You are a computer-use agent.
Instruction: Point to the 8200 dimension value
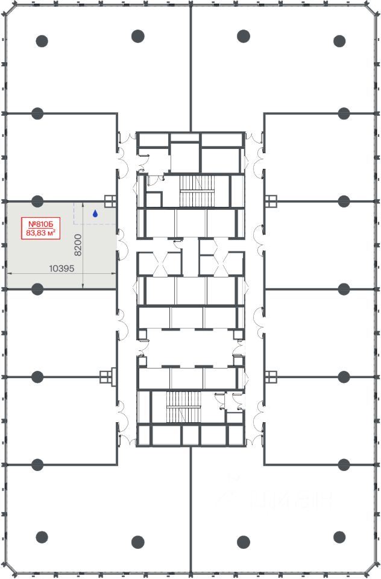(x=78, y=245)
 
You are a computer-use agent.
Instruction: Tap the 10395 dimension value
(x=61, y=268)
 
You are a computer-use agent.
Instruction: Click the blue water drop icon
(x=95, y=214)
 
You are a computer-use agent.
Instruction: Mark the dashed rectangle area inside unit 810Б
(x=95, y=213)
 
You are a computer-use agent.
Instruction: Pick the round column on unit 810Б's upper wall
(x=37, y=201)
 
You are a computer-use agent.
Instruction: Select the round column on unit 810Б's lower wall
(x=37, y=289)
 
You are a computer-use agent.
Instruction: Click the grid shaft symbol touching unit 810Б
(x=110, y=201)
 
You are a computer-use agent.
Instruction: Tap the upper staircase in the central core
(x=197, y=191)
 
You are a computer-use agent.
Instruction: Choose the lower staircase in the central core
(x=183, y=407)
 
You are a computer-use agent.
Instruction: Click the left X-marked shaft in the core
(x=160, y=264)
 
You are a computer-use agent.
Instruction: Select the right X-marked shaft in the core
(x=221, y=264)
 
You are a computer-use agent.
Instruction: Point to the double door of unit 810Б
(x=121, y=245)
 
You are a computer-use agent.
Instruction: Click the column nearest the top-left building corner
(x=42, y=40)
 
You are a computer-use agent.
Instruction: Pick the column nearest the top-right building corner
(x=339, y=40)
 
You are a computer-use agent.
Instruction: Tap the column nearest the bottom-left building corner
(x=42, y=537)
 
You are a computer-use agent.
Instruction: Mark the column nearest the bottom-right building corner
(x=339, y=537)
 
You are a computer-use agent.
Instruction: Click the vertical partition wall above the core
(x=190, y=68)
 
